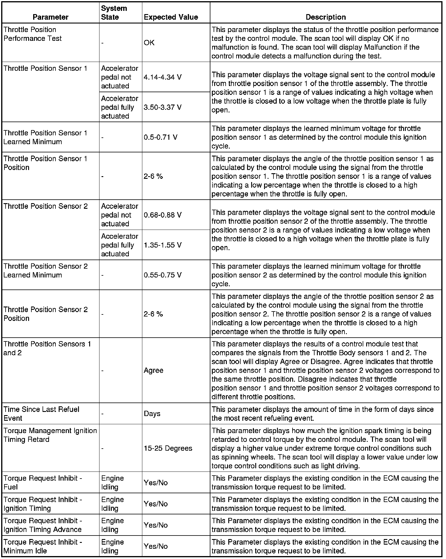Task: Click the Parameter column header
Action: pos(50,17)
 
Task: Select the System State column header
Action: pos(114,13)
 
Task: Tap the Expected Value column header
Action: pos(171,17)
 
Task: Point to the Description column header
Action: pos(326,17)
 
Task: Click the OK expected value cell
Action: pos(149,43)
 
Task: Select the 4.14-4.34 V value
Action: pos(163,77)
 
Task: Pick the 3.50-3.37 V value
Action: pos(163,107)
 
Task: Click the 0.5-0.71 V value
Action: pos(161,137)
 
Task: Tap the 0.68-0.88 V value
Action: pos(163,215)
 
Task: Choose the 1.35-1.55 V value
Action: pos(163,245)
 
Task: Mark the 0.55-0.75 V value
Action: pos(163,275)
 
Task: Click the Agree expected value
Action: pos(153,370)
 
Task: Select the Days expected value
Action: pos(152,413)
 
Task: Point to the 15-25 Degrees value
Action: pos(168,448)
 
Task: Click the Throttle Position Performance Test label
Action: pos(33,34)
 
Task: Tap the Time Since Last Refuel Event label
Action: pos(41,413)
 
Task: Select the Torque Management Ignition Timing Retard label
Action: pos(50,435)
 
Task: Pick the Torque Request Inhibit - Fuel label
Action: pos(43,482)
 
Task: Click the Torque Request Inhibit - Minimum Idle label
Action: pos(43,546)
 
